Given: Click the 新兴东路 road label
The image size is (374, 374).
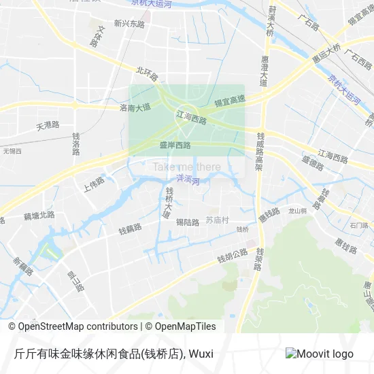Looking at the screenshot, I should click(x=130, y=23).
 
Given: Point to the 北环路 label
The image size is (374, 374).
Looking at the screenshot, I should click(x=146, y=70).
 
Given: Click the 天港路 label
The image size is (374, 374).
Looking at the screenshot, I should click(x=48, y=126).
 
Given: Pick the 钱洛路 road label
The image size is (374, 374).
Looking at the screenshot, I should click(x=77, y=144).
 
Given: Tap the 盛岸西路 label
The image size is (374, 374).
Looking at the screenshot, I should click(x=175, y=145).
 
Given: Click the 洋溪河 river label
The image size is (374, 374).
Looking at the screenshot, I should click(x=186, y=179).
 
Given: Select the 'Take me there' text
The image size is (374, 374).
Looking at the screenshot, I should click(x=186, y=167).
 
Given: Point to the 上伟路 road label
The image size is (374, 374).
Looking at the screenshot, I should click(x=93, y=184).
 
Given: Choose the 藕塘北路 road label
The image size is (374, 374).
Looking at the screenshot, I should click(x=39, y=216).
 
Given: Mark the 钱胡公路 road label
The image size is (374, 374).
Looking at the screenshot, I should click(x=232, y=256).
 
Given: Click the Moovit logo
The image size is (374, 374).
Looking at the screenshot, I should click(x=320, y=354).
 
